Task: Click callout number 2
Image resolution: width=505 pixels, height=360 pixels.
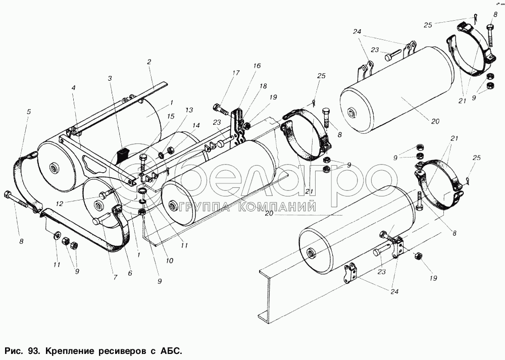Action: [149, 62]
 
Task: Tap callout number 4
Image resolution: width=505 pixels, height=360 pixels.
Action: [73, 87]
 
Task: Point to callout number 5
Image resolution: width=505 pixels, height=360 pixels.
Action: [28, 112]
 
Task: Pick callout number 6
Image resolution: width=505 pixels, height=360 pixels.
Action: [130, 273]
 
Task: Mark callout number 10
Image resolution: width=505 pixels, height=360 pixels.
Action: [169, 261]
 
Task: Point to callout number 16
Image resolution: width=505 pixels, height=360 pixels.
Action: [257, 66]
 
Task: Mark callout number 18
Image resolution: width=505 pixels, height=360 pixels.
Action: [263, 86]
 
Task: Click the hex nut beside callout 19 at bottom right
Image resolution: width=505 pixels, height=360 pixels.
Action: [418, 256]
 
